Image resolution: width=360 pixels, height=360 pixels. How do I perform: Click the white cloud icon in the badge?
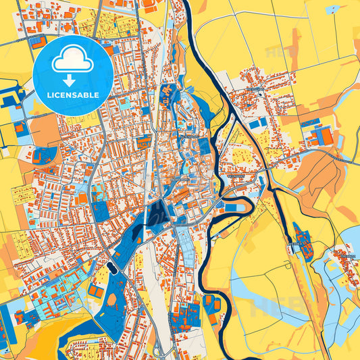(x=73, y=61)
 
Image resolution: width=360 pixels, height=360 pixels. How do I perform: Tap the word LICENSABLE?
(x=73, y=95)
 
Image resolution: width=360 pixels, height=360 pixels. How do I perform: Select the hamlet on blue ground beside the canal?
(x=303, y=243)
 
